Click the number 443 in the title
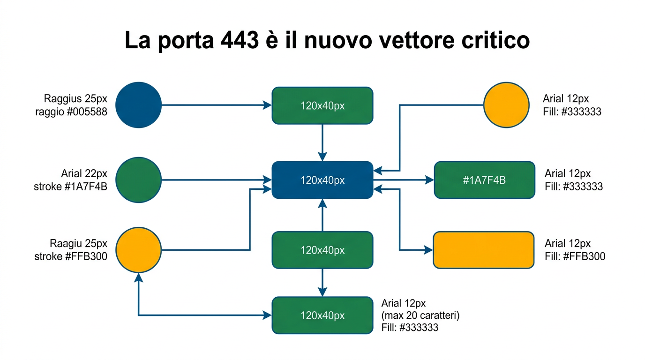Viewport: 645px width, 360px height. click(x=239, y=41)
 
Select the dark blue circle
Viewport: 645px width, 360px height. click(x=138, y=105)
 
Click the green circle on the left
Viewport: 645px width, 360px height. click(x=138, y=180)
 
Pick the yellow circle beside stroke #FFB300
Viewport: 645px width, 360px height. click(x=138, y=250)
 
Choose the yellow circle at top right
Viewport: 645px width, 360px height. click(x=506, y=105)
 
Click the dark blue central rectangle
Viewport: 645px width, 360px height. click(x=322, y=180)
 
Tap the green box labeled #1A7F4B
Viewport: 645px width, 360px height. click(x=484, y=180)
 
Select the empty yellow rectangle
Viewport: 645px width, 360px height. click(x=484, y=250)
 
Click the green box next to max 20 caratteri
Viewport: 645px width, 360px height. click(x=322, y=315)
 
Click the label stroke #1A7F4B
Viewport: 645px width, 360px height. click(x=71, y=187)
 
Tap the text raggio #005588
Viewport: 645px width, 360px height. click(x=71, y=112)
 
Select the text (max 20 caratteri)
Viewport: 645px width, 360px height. click(x=420, y=315)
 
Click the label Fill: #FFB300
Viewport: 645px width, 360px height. click(x=575, y=256)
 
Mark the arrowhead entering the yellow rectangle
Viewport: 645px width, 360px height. click(x=428, y=250)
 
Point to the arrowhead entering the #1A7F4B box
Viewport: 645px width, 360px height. click(x=429, y=180)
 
